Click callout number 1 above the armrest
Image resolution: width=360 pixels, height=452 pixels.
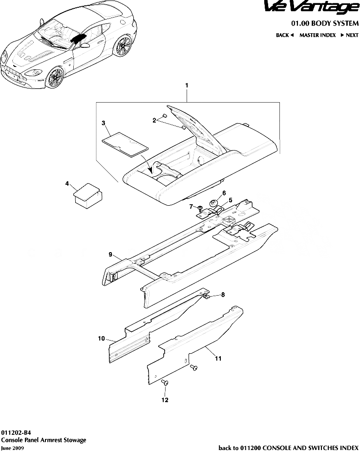tap(187, 85)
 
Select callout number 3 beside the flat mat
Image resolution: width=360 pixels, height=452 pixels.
tap(103, 123)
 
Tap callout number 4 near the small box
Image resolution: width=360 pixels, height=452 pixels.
tap(67, 184)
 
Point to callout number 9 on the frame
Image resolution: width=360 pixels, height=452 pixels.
tap(110, 254)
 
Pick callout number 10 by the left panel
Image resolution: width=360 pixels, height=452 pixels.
tap(102, 338)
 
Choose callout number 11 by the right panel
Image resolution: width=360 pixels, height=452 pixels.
tap(218, 358)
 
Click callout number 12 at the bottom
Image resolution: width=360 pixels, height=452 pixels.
tap(165, 400)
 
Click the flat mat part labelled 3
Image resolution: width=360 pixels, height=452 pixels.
tap(125, 144)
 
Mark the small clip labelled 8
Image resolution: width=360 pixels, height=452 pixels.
tap(207, 295)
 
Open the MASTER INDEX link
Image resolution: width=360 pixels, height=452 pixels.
tap(318, 35)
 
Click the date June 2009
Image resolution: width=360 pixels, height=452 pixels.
tap(12, 448)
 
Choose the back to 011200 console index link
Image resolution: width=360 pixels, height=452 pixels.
tap(288, 447)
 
